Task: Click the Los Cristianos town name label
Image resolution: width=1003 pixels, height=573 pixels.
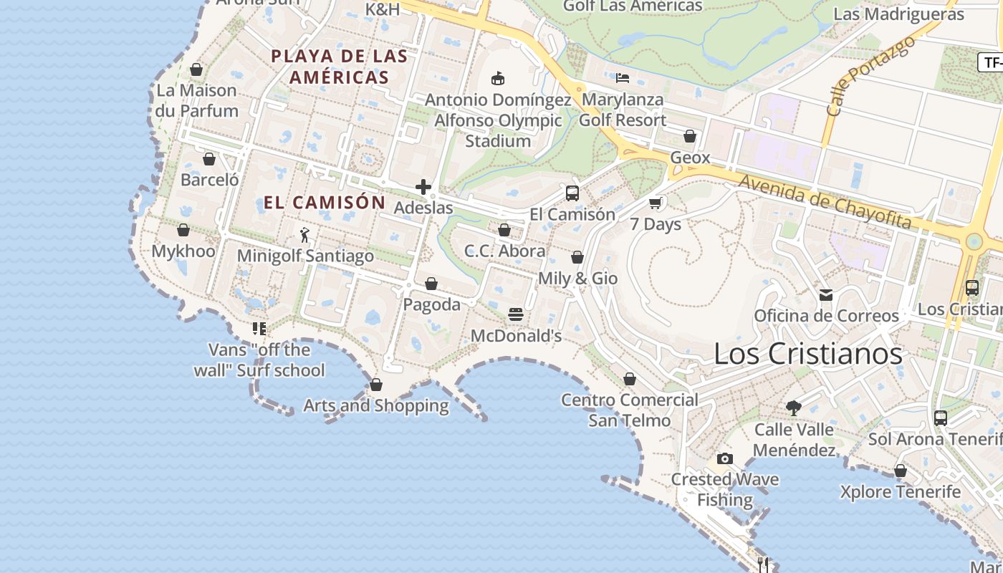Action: point(807,354)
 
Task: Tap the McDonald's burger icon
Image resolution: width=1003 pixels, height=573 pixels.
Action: point(516,314)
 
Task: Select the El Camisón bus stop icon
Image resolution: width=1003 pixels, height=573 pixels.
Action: point(572,193)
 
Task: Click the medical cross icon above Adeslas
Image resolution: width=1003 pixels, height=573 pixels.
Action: point(423,188)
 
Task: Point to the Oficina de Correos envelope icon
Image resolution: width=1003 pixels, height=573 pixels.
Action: point(826,294)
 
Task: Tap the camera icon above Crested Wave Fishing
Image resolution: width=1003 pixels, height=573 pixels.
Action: point(725,458)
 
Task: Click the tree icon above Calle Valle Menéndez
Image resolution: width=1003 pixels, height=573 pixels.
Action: point(793,408)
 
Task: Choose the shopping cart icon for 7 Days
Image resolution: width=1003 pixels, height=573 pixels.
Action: point(655,203)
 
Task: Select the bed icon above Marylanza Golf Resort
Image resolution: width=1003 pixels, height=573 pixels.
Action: point(623,78)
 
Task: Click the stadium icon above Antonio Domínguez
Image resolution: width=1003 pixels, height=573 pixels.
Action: point(498,78)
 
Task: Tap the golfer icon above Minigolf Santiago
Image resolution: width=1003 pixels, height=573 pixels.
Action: point(305,234)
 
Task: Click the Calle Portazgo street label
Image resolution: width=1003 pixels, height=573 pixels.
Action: point(870,76)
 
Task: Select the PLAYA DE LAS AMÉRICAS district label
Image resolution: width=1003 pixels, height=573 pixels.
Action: point(340,67)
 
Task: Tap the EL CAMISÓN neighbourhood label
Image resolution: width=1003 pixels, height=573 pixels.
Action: point(325,203)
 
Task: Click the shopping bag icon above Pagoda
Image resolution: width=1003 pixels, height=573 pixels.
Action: point(431,284)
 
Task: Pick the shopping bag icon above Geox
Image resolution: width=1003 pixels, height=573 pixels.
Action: point(690,136)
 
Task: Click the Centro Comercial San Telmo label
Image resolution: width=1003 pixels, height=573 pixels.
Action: point(630,410)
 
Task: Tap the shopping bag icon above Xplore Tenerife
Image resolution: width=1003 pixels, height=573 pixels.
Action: point(901,471)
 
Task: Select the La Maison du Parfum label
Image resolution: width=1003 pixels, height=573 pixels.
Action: point(197,100)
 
